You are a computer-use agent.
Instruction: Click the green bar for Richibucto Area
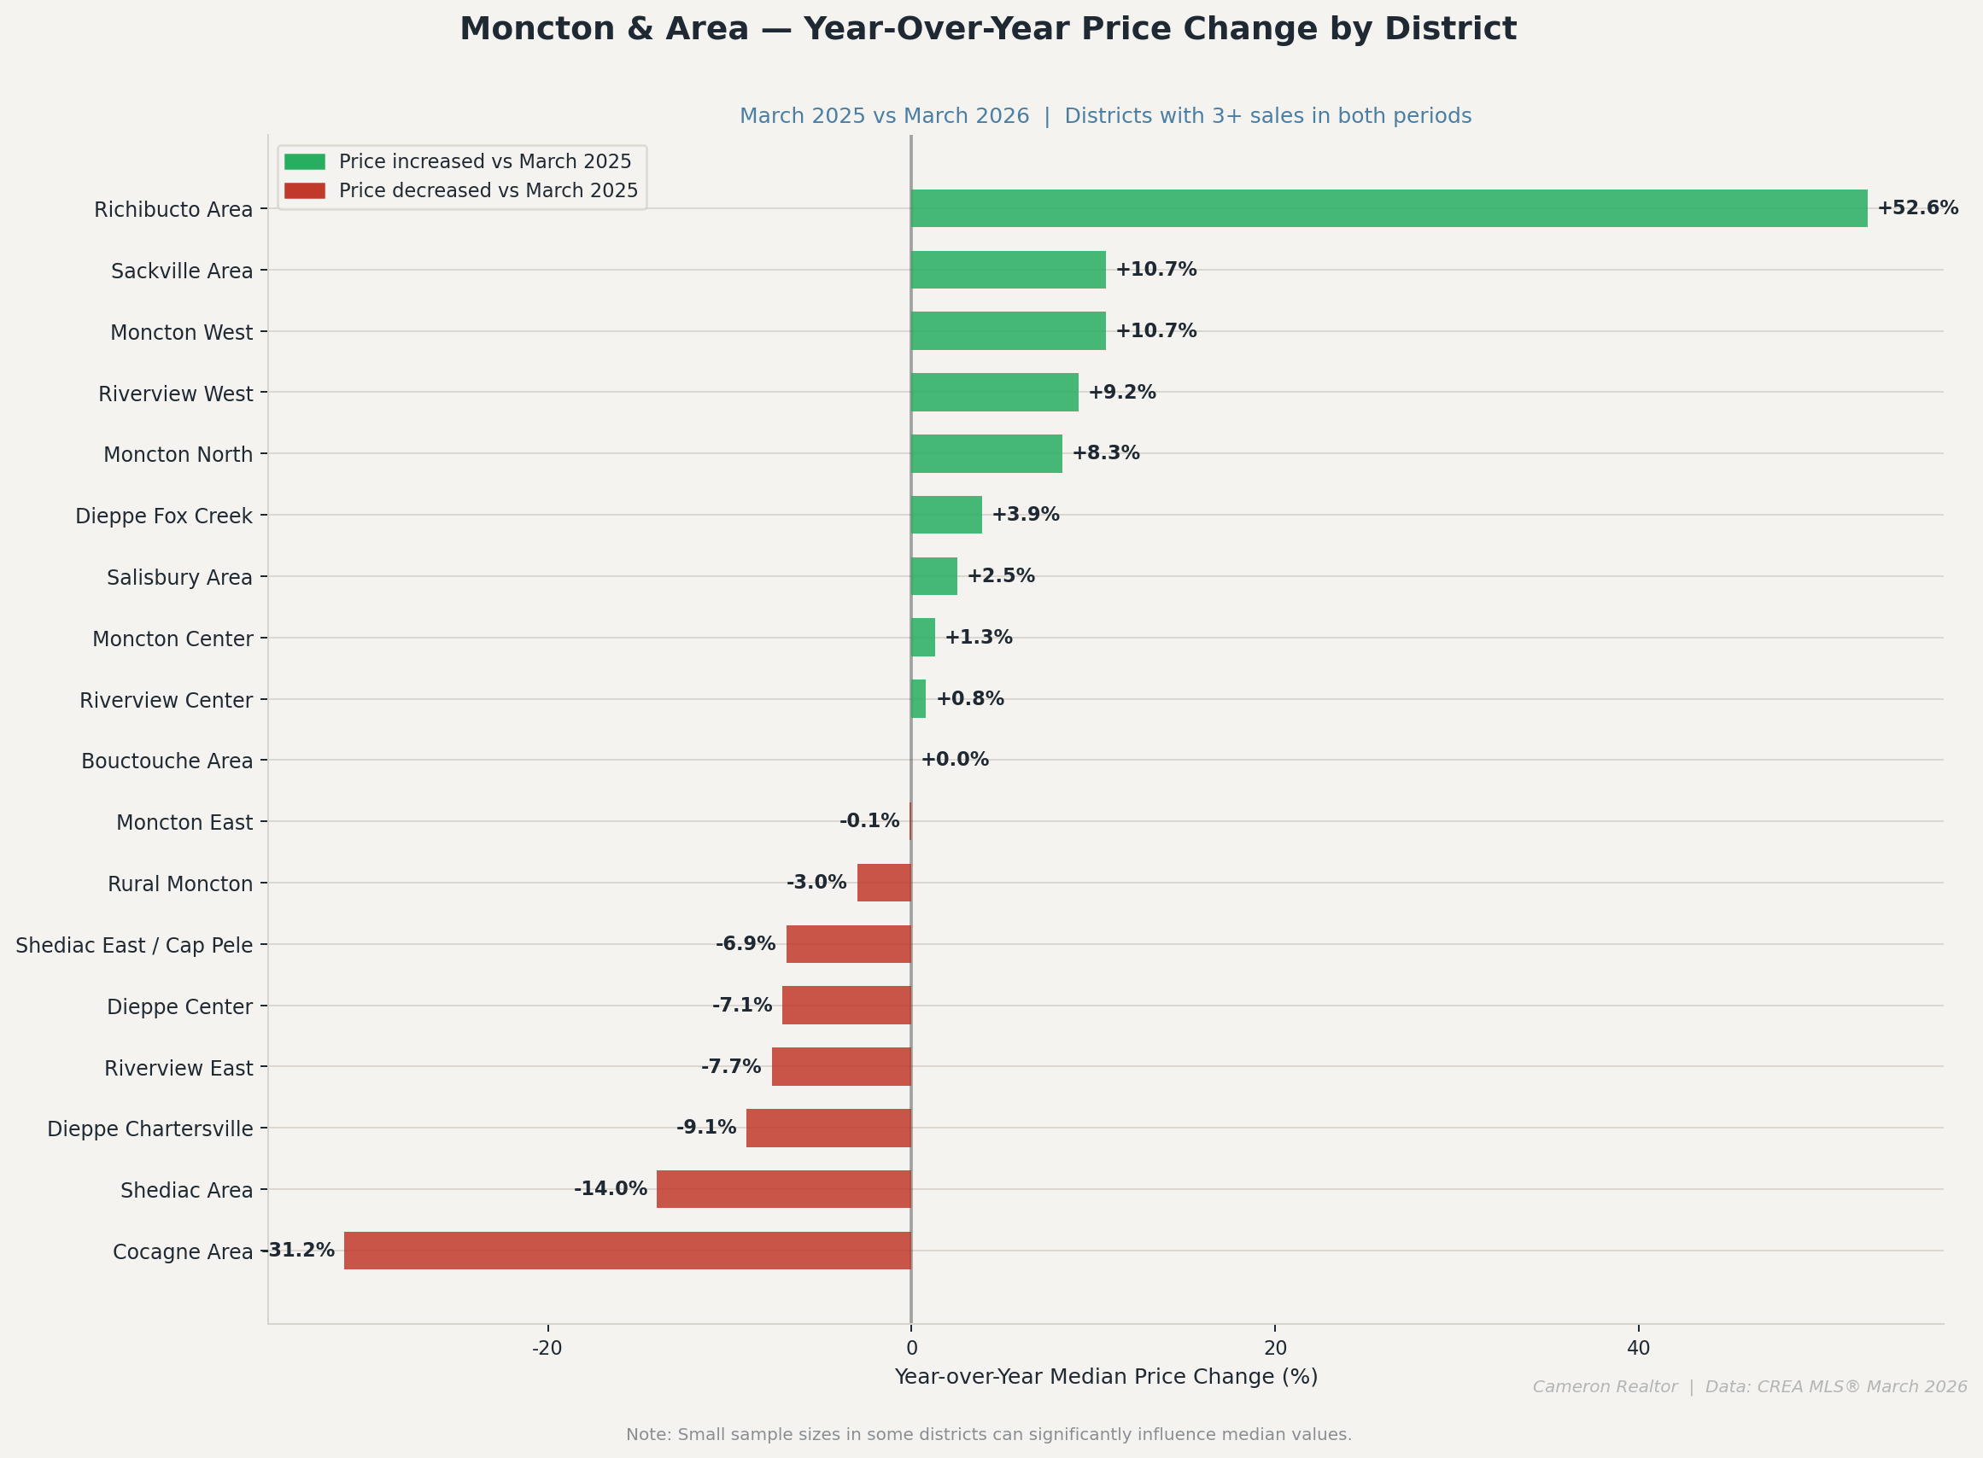tap(1388, 208)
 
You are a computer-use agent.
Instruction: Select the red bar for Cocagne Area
tap(627, 1251)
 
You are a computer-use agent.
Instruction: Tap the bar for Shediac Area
tap(783, 1189)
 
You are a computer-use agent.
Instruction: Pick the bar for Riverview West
tap(994, 392)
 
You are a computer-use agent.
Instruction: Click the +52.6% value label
tap(1916, 208)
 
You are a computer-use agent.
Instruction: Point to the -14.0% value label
tap(610, 1189)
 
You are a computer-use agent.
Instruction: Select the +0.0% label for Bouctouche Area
tap(955, 760)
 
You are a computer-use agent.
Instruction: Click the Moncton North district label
tap(178, 454)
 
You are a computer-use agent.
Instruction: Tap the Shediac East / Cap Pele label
tap(134, 945)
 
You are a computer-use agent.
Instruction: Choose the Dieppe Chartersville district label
tap(150, 1128)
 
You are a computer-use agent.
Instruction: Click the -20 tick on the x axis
tap(547, 1349)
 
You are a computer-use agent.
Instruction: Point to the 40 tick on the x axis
tap(1638, 1349)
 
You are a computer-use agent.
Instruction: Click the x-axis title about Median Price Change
tap(1105, 1377)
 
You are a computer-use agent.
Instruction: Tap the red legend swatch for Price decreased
tap(305, 190)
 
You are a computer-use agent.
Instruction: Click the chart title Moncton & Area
tap(988, 29)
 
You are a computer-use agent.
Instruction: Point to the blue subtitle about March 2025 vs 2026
tap(1104, 115)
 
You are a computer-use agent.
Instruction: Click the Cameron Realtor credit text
tap(1749, 1386)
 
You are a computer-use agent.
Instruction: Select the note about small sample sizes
tap(988, 1435)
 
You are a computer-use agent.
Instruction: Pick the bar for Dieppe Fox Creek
tap(945, 515)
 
